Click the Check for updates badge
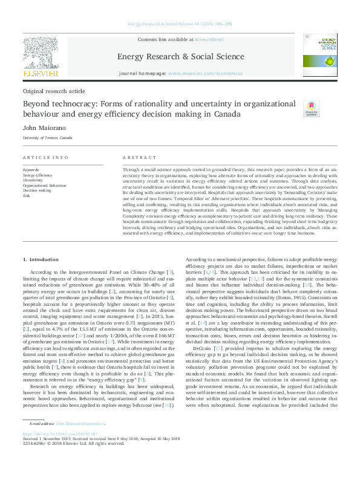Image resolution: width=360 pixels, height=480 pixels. [x=311, y=109]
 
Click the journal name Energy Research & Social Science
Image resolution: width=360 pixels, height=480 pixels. [x=180, y=57]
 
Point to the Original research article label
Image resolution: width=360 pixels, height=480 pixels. [x=54, y=91]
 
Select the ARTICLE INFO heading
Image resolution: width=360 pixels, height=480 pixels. [x=45, y=157]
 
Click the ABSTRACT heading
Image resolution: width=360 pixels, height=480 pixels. [x=135, y=157]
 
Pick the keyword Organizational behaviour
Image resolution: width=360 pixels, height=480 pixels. [x=44, y=185]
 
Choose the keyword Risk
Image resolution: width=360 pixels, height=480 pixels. [x=25, y=196]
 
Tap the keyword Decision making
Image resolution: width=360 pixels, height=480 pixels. [x=38, y=190]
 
